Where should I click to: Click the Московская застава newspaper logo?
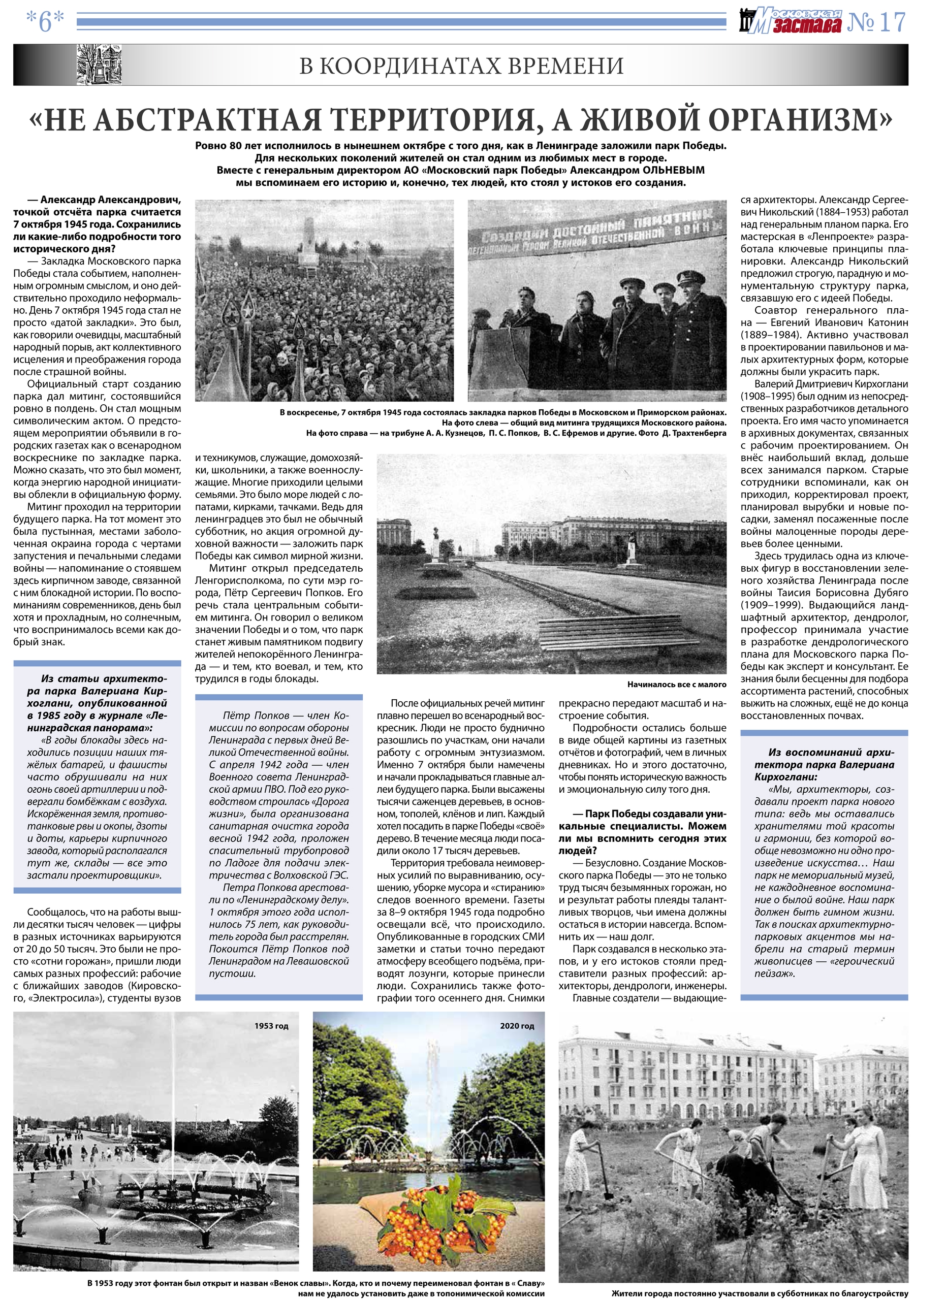(791, 22)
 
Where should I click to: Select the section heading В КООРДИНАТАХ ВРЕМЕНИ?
(461, 67)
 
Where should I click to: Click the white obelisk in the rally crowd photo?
(309, 241)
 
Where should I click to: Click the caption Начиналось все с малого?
(677, 685)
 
